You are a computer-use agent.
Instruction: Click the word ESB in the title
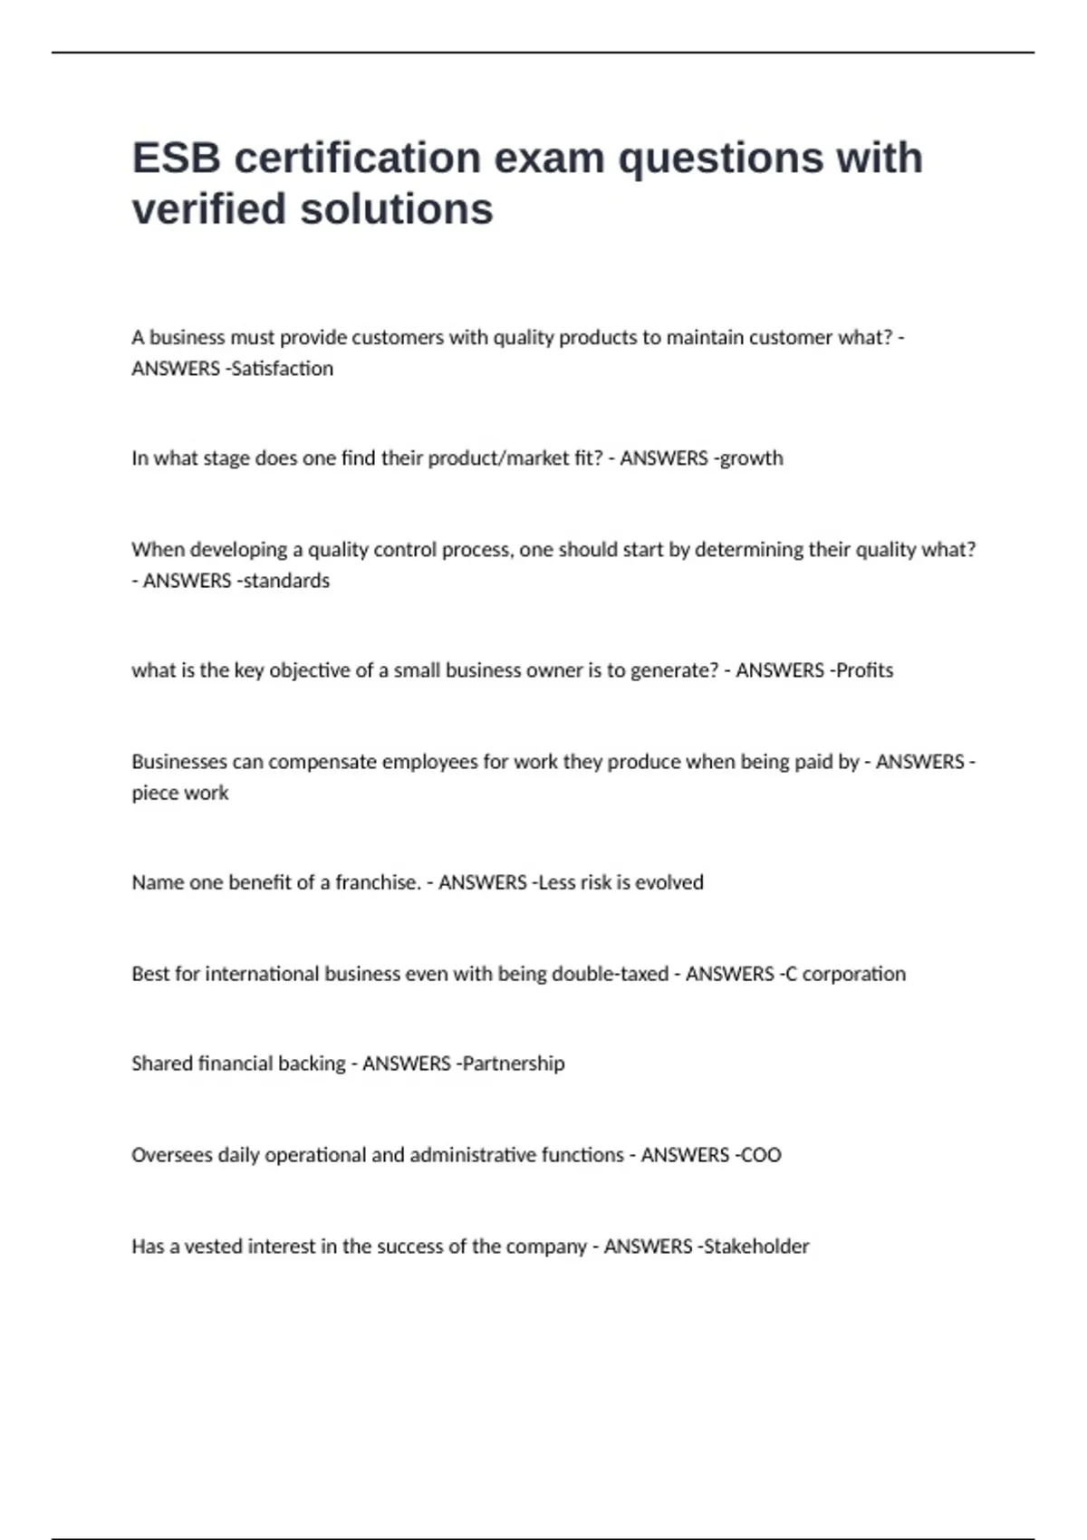[177, 158]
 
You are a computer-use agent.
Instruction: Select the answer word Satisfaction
[284, 369]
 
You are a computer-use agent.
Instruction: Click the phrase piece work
[180, 793]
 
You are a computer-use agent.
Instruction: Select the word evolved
[669, 882]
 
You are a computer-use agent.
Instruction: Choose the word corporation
[854, 974]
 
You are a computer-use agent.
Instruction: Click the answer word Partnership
[514, 1064]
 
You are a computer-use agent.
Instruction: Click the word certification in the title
[357, 158]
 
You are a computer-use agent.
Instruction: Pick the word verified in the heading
[210, 209]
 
